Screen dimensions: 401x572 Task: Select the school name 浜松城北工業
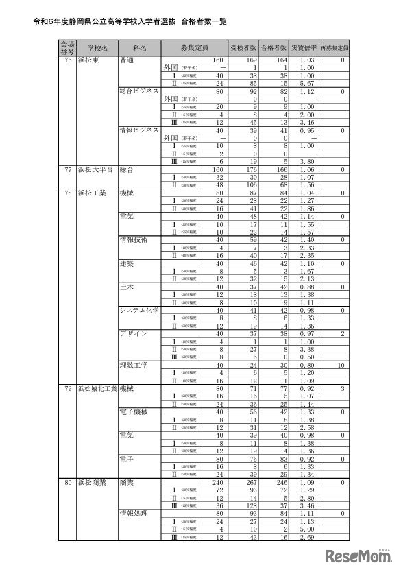[98, 388]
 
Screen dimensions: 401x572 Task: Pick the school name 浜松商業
[93, 482]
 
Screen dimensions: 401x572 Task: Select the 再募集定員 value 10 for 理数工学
[341, 364]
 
